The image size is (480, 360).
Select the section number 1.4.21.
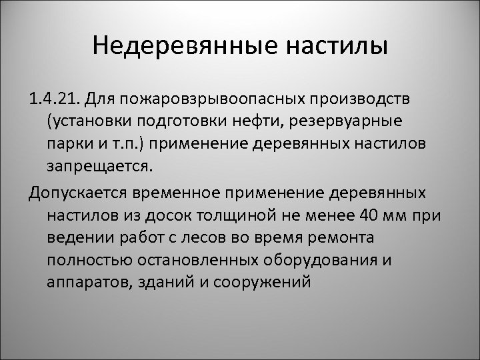54,99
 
